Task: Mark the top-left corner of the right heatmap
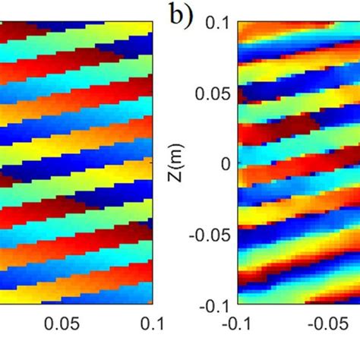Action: tap(239, 22)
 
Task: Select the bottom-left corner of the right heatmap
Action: tap(239, 305)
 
